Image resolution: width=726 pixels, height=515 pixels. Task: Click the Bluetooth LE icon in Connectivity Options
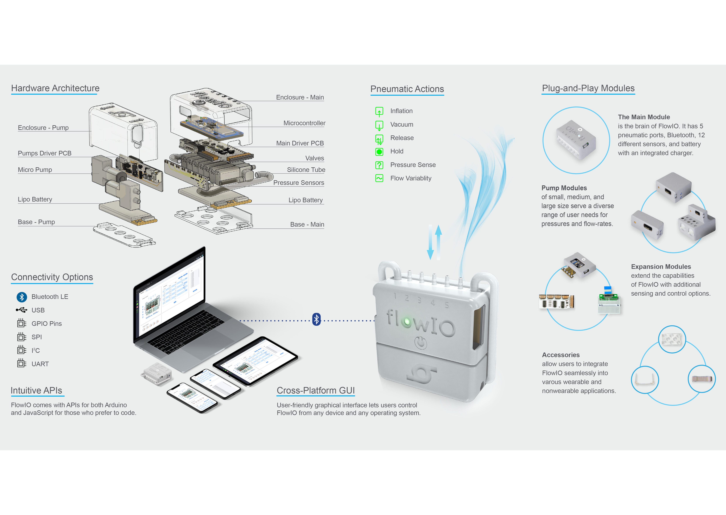(x=22, y=297)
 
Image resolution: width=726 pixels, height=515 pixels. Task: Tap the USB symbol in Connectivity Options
(x=22, y=310)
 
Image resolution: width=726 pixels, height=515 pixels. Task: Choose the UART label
(x=40, y=364)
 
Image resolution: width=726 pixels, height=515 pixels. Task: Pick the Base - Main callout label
(x=307, y=224)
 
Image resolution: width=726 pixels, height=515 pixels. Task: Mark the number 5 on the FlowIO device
(x=447, y=305)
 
